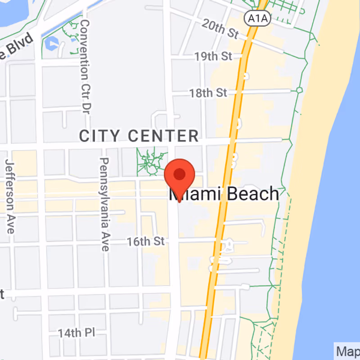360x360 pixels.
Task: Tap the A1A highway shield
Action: coord(253,18)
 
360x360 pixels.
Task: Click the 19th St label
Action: coord(213,57)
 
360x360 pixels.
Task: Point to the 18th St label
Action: coord(208,93)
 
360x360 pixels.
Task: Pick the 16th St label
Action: coord(145,241)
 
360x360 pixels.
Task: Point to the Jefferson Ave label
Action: coord(9,196)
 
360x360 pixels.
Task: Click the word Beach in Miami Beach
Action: coord(252,194)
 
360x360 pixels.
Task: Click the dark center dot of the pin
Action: coord(180,173)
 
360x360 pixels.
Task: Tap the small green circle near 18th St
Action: coord(299,90)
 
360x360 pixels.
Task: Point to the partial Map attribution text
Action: coord(347,351)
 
